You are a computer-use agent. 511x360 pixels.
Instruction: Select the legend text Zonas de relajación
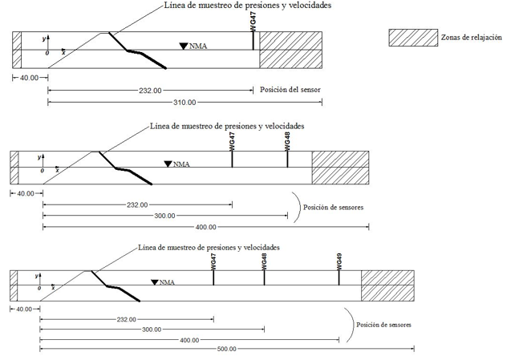coord(471,37)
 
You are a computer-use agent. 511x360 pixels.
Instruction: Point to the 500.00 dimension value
coord(227,349)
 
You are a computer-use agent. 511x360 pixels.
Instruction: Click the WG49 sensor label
coord(340,261)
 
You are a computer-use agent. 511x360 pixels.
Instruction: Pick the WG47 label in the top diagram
coord(253,22)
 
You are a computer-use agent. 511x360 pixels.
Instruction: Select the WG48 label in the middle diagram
coord(287,141)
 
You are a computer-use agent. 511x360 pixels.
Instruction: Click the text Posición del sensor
coord(290,91)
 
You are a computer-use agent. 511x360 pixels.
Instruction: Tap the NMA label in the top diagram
coord(198,47)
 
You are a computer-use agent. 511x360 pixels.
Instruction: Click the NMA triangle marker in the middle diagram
coord(168,164)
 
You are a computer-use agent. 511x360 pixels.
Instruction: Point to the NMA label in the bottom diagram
coord(168,282)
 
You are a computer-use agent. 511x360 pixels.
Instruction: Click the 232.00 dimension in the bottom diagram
coord(127,320)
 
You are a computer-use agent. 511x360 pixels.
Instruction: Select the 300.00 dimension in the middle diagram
coord(165,216)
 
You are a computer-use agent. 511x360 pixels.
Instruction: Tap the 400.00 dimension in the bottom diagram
coord(189,339)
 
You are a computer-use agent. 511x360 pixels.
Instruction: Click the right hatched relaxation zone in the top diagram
coord(291,51)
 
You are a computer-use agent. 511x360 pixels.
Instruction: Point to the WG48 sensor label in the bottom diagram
coord(264,262)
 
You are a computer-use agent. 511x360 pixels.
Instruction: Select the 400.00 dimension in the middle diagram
coord(206,227)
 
